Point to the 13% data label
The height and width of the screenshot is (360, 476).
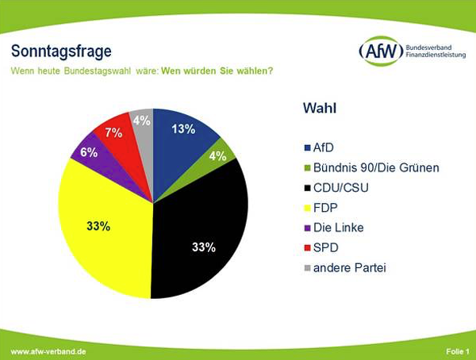(x=183, y=129)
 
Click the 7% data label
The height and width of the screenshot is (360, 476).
(x=113, y=132)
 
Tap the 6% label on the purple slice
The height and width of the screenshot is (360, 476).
(x=89, y=152)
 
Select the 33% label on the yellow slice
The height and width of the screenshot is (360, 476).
(x=98, y=226)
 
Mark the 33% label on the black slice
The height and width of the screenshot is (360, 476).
(x=204, y=247)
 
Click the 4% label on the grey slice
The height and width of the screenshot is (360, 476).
(x=142, y=121)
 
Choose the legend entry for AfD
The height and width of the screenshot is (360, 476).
(x=319, y=147)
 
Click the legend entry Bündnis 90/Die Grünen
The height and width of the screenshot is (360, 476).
(x=371, y=167)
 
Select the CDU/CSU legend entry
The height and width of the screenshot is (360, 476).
(x=336, y=188)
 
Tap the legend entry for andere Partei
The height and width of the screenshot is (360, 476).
(x=345, y=268)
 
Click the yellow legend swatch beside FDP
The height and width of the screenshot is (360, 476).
(x=308, y=209)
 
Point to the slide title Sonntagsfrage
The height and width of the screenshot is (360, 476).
(x=61, y=52)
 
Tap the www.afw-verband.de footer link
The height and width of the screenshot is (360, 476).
(x=48, y=352)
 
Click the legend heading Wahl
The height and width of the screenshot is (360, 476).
(x=320, y=108)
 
